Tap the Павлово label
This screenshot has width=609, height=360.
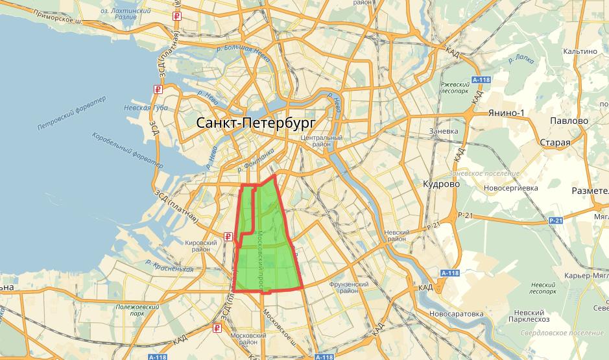coord(568,121)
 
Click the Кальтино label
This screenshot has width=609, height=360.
coord(579,51)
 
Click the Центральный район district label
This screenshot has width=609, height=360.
coord(321,142)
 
